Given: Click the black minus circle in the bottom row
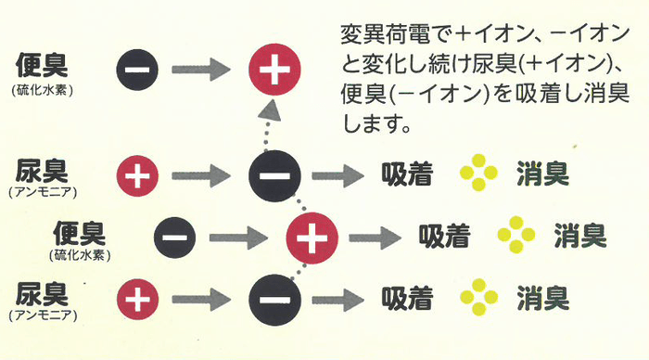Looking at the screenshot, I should [x=273, y=301].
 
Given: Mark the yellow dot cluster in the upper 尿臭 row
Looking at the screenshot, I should [x=478, y=173].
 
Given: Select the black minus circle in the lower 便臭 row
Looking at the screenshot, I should [x=174, y=237].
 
